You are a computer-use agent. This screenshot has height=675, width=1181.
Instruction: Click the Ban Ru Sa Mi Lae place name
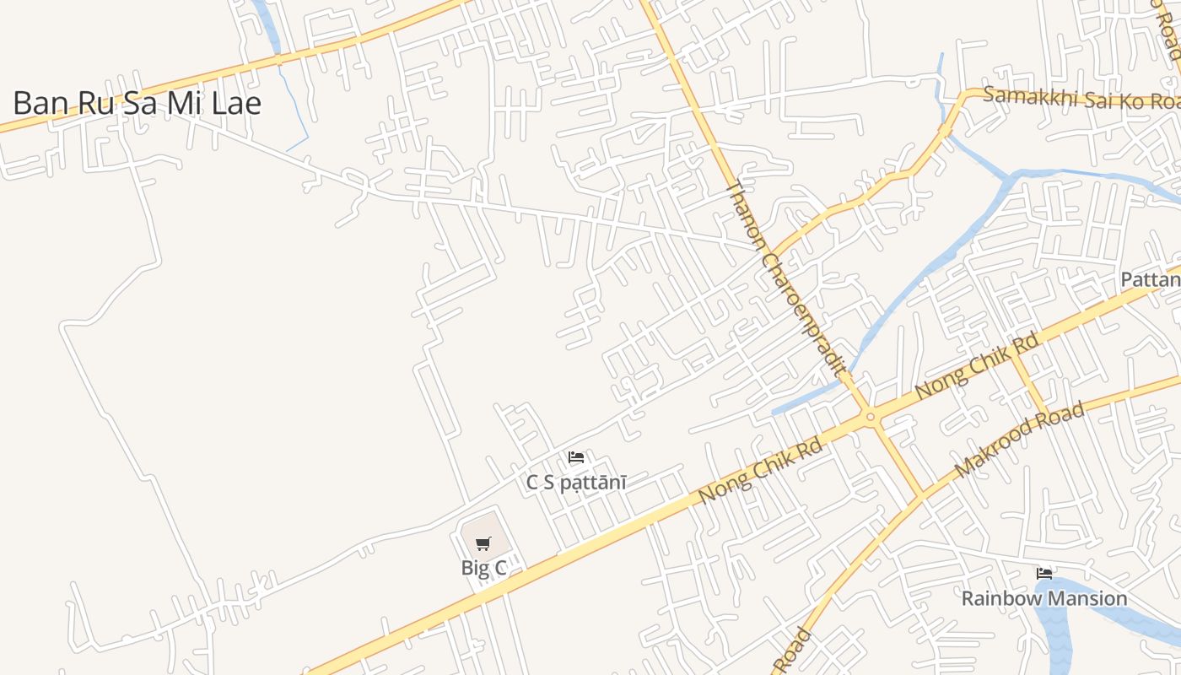coord(137,103)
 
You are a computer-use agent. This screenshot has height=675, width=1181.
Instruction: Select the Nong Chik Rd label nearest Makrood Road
coord(976,367)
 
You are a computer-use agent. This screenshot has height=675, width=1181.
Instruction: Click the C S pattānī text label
coord(576,483)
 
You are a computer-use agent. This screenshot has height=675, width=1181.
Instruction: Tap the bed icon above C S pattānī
coord(576,457)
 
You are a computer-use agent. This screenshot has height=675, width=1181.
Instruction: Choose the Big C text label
coord(483,568)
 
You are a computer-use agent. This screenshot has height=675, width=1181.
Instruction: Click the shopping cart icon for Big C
coord(483,544)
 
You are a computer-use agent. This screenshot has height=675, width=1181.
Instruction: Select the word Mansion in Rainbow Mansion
coord(1086,598)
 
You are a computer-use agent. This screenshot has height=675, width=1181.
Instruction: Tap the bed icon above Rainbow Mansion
coord(1044,574)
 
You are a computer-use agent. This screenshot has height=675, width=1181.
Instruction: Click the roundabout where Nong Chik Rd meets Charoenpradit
coord(870,416)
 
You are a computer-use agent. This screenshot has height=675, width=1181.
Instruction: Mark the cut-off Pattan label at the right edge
coord(1151,279)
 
